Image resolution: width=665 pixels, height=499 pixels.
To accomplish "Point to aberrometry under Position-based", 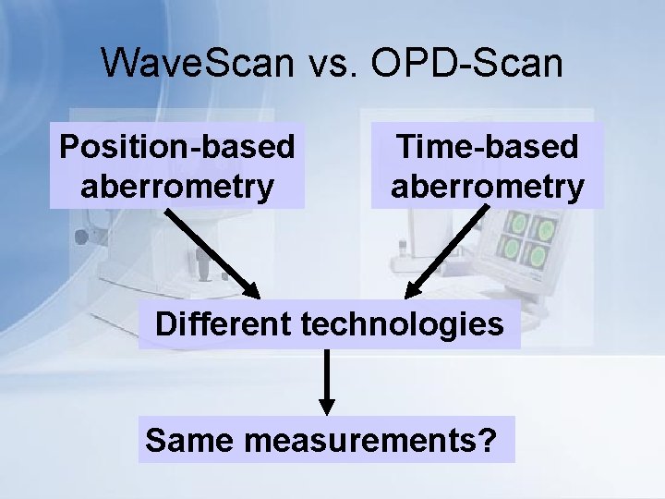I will coord(177,186).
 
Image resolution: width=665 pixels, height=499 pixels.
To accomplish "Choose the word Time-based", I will coord(487,147).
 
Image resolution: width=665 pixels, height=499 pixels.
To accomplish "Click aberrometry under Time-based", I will coord(487,186).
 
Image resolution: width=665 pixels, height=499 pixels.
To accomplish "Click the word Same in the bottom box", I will coord(190,440).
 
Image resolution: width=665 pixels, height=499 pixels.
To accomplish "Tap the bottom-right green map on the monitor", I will coord(539,253).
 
